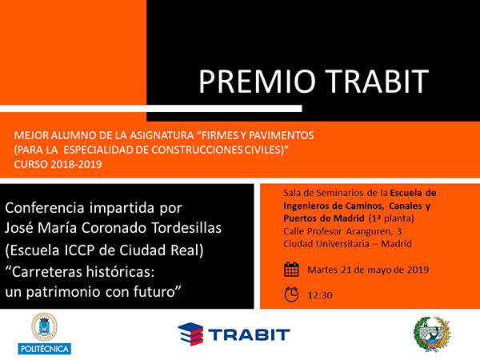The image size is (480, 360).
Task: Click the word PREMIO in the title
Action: [257, 82]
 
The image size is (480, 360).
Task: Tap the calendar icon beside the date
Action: [291, 270]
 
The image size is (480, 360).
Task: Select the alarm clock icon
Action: [291, 294]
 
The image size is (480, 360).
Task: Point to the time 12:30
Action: [320, 295]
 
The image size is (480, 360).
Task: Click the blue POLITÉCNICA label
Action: [44, 349]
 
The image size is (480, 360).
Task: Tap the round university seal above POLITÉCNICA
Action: [44, 326]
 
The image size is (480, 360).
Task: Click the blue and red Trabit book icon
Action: [190, 334]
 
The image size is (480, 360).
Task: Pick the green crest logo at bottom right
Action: [432, 334]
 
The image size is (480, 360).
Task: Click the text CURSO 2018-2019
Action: [58, 164]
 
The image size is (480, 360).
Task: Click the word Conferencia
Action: [45, 208]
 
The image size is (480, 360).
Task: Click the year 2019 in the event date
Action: [418, 270]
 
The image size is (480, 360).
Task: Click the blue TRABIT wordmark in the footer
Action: [249, 334]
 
